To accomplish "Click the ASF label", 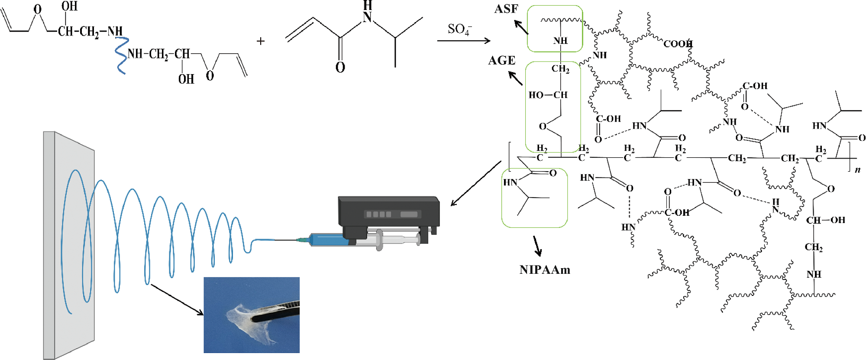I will coord(506,9).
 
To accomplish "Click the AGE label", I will coord(502,61).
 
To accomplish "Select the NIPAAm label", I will coord(545,270).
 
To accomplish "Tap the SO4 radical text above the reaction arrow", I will coord(459,29).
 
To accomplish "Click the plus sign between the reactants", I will coord(261,41).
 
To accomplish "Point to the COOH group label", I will coord(678,44).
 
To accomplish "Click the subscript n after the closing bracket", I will coord(857,170).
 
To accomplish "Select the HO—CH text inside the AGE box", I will coord(548,95).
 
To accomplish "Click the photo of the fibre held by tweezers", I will coord(252,315).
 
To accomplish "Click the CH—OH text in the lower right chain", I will coord(825,220).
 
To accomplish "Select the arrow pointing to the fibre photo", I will coord(177,299).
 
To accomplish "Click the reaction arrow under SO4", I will coord(463,41).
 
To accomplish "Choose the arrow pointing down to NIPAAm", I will coord(537,246).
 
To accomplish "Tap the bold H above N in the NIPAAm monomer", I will coord(367,5).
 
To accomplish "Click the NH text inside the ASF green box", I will coord(560,41).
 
